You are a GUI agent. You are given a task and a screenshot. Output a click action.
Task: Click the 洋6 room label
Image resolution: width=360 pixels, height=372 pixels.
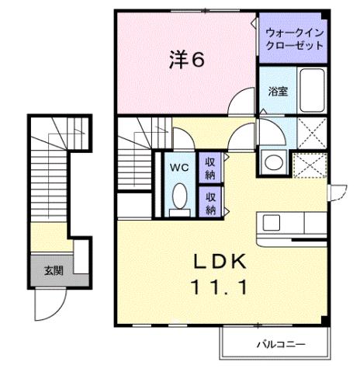[x=186, y=61]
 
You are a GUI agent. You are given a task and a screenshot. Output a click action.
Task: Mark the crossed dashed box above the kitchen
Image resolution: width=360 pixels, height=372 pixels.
[x=310, y=165]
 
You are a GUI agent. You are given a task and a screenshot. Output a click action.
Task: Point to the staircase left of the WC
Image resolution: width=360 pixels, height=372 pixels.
[x=140, y=155]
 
